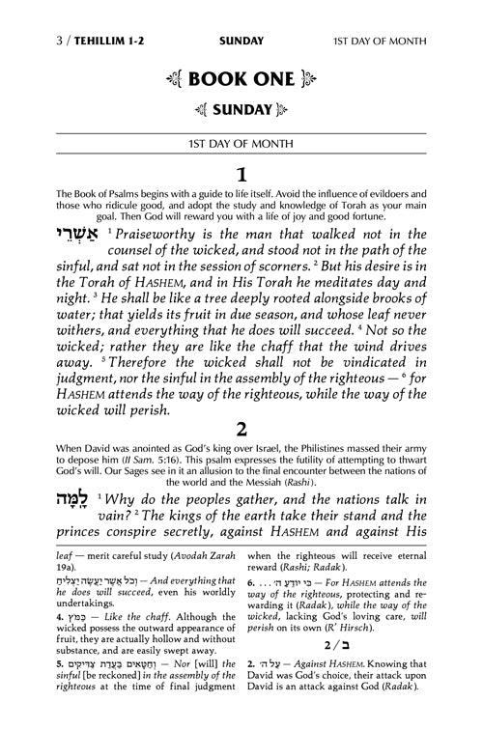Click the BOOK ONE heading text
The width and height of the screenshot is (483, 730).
(241, 55)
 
